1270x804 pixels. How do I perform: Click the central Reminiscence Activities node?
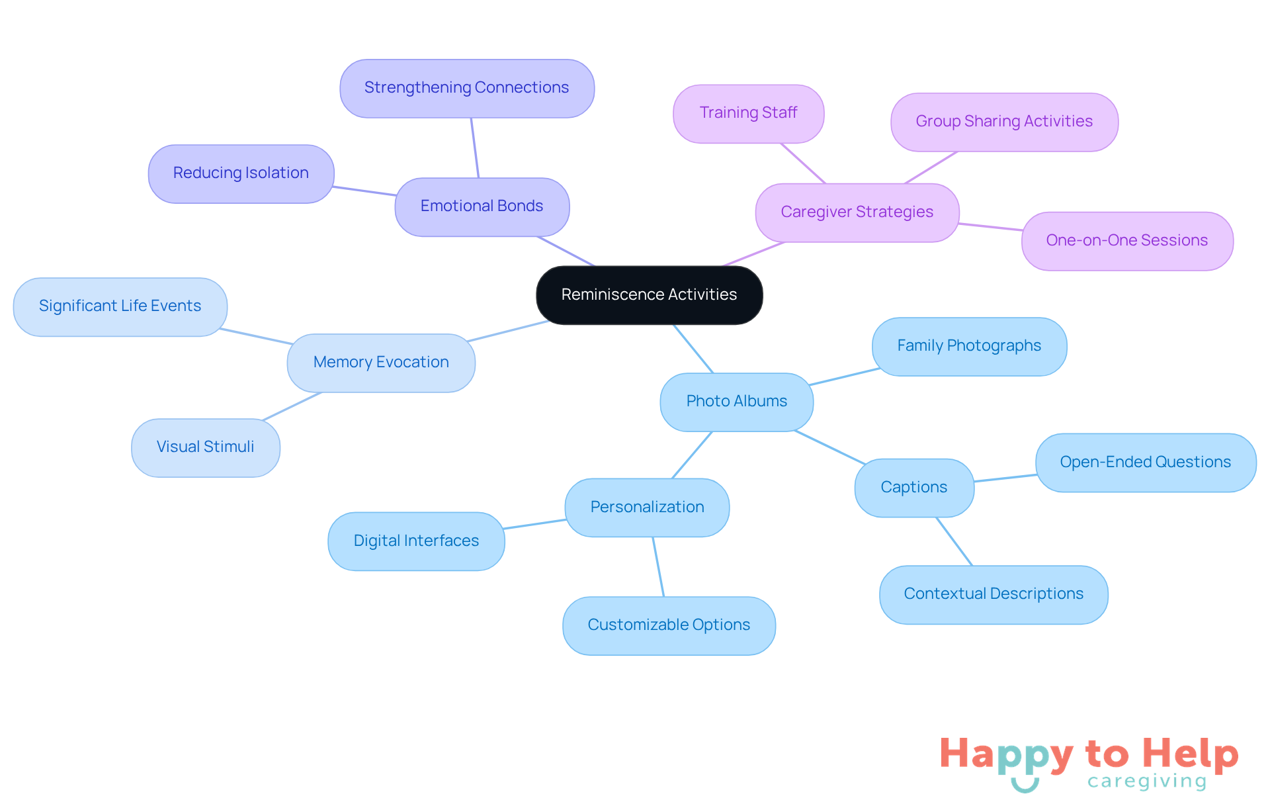click(x=649, y=295)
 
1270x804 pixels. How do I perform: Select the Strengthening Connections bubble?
click(x=467, y=89)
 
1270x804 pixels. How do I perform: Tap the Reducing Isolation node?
click(x=241, y=174)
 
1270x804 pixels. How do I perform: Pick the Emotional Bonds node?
click(x=482, y=207)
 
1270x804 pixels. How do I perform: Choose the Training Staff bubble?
click(x=749, y=114)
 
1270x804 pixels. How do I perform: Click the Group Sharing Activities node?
click(x=1004, y=122)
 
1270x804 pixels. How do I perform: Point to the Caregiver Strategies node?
click(x=857, y=213)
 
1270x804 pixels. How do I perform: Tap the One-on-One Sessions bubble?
click(x=1127, y=242)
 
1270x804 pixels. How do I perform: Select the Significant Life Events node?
click(x=120, y=307)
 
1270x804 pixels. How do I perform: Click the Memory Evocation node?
click(x=381, y=363)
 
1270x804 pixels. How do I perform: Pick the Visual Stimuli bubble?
click(x=206, y=448)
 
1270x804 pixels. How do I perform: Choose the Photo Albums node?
click(x=737, y=402)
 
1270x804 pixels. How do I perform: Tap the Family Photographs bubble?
click(x=969, y=347)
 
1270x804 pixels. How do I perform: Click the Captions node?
click(x=914, y=488)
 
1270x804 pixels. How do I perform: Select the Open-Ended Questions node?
click(x=1146, y=463)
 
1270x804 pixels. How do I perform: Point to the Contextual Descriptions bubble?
click(x=994, y=595)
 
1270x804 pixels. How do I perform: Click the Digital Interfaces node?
click(x=416, y=541)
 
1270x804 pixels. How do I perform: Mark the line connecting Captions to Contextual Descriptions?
click(x=954, y=541)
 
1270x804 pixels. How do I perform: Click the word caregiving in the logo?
click(x=1147, y=782)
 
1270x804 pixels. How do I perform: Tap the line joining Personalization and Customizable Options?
click(x=658, y=567)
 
